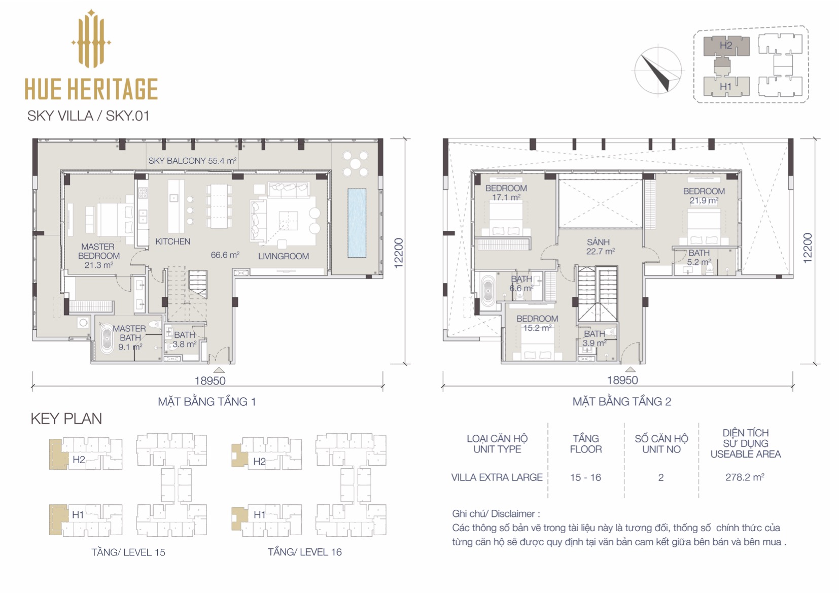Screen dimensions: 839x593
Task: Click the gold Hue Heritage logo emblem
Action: point(91,40)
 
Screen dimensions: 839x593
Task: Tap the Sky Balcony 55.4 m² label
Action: point(193,161)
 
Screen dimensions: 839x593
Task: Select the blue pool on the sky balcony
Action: point(357,223)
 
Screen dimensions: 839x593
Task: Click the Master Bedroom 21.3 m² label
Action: point(98,256)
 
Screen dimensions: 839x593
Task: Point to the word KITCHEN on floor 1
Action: point(172,241)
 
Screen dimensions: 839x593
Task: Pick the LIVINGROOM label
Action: point(284,256)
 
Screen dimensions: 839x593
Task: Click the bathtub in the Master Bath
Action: point(107,339)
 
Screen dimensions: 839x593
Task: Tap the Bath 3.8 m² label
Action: point(185,339)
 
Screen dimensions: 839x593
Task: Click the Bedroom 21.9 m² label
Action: point(704,195)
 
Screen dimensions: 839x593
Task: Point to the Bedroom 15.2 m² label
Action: point(537,323)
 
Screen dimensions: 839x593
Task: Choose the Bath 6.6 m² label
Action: point(521,284)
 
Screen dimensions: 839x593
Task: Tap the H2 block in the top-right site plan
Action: point(726,46)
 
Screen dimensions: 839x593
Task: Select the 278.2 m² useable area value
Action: point(745,477)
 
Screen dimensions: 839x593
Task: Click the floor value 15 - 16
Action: point(585,478)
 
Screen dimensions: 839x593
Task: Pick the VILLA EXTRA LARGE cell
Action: point(497,478)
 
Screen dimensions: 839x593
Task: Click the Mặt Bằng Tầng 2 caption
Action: point(622,401)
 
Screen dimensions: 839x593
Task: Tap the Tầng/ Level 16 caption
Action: point(304,552)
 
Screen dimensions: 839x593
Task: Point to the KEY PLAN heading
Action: point(66,419)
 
